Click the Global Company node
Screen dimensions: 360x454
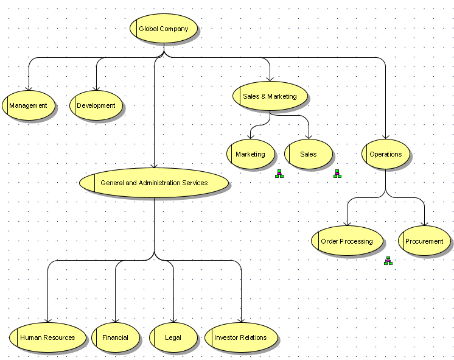[164, 29]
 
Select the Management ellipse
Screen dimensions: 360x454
[29, 105]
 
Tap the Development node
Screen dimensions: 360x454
[96, 105]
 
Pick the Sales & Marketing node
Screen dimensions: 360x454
[270, 96]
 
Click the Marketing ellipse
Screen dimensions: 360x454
[250, 154]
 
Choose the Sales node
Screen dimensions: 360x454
[309, 154]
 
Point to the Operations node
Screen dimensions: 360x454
[386, 154]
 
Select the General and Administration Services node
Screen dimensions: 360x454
[154, 183]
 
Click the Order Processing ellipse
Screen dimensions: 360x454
[347, 241]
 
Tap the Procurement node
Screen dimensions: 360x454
[424, 241]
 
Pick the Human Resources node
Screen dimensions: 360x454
[47, 337]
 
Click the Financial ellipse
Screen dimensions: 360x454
[115, 337]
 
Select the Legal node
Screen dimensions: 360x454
[173, 337]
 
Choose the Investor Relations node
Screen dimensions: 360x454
[240, 337]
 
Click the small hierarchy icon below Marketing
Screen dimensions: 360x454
[279, 174]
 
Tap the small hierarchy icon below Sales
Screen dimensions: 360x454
[337, 174]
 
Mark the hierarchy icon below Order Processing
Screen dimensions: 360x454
[388, 261]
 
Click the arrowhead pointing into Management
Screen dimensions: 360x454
[29, 88]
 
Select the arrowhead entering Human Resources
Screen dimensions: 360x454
[47, 319]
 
